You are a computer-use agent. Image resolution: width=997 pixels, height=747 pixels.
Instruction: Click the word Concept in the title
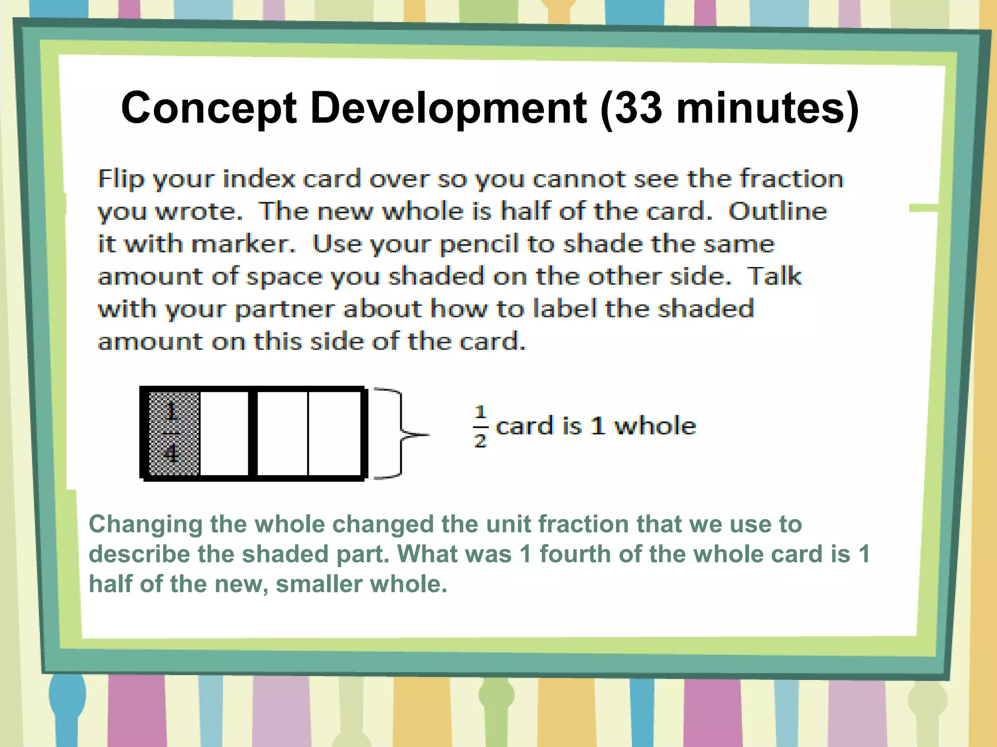[208, 108]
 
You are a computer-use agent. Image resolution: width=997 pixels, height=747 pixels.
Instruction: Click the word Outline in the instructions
[777, 212]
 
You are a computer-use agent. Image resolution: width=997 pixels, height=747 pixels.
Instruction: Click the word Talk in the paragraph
[774, 276]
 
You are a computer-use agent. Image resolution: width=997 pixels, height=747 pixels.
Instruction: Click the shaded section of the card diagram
[174, 433]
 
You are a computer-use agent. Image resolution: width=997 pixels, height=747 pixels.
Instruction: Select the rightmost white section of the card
[334, 433]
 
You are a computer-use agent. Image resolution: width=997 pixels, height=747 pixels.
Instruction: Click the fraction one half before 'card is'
[480, 427]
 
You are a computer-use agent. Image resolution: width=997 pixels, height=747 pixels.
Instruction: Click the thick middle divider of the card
[253, 433]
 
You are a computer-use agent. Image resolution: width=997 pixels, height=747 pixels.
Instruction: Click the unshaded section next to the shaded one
[224, 433]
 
